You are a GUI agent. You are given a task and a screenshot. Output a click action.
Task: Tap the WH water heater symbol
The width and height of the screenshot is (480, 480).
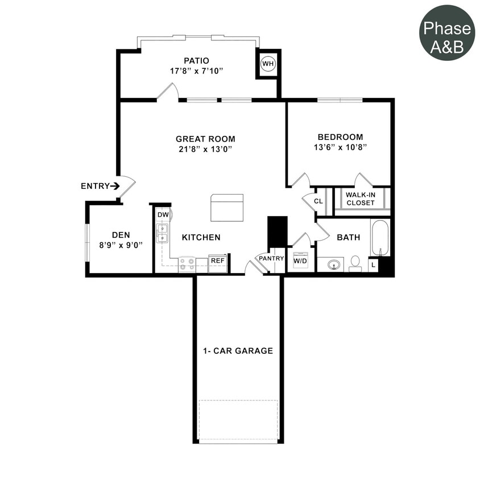point(268,64)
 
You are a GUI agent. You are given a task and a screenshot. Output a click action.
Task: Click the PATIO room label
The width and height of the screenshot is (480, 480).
point(196,60)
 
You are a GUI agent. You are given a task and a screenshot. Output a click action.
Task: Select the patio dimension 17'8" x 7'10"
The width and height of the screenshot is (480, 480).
point(196,71)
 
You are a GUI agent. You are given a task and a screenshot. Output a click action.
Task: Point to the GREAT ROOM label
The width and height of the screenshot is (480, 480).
point(205,139)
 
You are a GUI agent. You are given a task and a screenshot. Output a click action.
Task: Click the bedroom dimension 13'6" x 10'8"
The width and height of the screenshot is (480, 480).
point(340,147)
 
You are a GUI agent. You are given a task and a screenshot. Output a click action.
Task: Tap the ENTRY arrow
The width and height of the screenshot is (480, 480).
point(115,185)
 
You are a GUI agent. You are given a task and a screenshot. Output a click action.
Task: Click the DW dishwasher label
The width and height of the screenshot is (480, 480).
point(163,215)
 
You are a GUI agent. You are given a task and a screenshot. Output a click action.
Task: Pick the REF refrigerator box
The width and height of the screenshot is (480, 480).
point(217,260)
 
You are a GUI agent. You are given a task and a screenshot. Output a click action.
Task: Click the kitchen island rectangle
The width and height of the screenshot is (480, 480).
point(227,208)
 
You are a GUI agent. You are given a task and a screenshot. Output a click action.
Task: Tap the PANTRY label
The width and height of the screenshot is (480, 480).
point(271,258)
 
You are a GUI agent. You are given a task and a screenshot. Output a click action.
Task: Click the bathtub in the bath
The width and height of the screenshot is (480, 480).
point(380,238)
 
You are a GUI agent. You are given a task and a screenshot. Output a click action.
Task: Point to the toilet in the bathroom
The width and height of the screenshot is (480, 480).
point(355,263)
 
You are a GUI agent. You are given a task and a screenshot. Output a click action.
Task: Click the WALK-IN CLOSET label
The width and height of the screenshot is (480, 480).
point(361,198)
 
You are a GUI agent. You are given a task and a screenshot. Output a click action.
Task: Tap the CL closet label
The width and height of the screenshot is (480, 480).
point(318,201)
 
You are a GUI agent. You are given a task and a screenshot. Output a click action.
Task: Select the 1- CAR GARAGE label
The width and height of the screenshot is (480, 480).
point(238,351)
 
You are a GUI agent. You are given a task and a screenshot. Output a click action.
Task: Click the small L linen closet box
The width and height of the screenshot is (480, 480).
point(373,265)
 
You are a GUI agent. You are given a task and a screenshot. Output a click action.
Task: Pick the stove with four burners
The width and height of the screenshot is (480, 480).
point(187,264)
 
